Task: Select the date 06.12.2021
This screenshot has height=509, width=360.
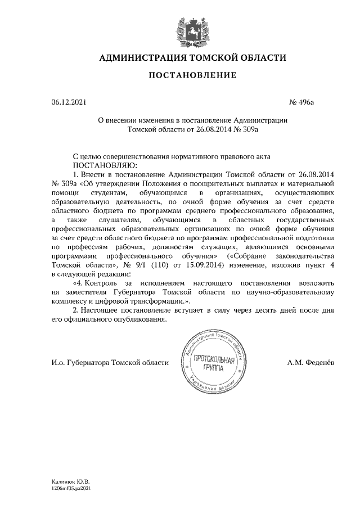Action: point(69,102)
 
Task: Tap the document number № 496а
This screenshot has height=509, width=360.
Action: point(301,102)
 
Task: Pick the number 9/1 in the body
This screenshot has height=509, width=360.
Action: point(142,265)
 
